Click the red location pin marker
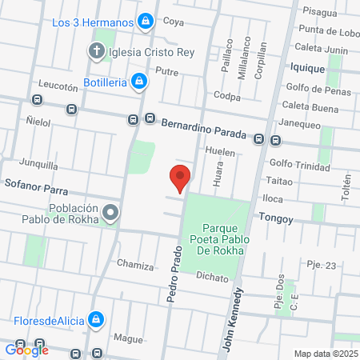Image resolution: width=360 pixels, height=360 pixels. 181,178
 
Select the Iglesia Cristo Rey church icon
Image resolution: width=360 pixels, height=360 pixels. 96,53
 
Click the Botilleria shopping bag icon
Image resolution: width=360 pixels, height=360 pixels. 139,81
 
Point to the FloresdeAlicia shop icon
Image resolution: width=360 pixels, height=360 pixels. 96,320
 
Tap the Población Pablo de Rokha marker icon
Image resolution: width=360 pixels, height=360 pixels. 110,213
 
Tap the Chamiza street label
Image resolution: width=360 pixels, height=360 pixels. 134,263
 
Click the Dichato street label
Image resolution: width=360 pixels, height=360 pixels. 212,277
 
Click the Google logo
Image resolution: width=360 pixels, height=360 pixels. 26,349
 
